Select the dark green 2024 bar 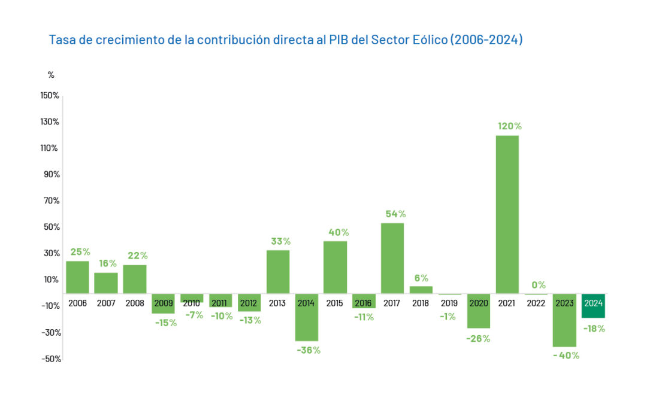pyautogui.click(x=593, y=306)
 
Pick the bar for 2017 pyautogui.click(x=392, y=258)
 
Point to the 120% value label pyautogui.click(x=510, y=126)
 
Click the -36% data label pyautogui.click(x=308, y=350)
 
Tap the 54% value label pyautogui.click(x=395, y=214)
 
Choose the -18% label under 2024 pyautogui.click(x=594, y=329)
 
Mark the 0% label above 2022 pyautogui.click(x=539, y=285)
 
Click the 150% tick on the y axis pyautogui.click(x=50, y=96)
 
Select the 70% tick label pyautogui.click(x=52, y=201)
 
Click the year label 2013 pyautogui.click(x=277, y=303)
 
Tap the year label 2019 pyautogui.click(x=449, y=303)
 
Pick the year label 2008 pyautogui.click(x=135, y=303)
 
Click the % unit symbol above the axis pyautogui.click(x=51, y=75)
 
